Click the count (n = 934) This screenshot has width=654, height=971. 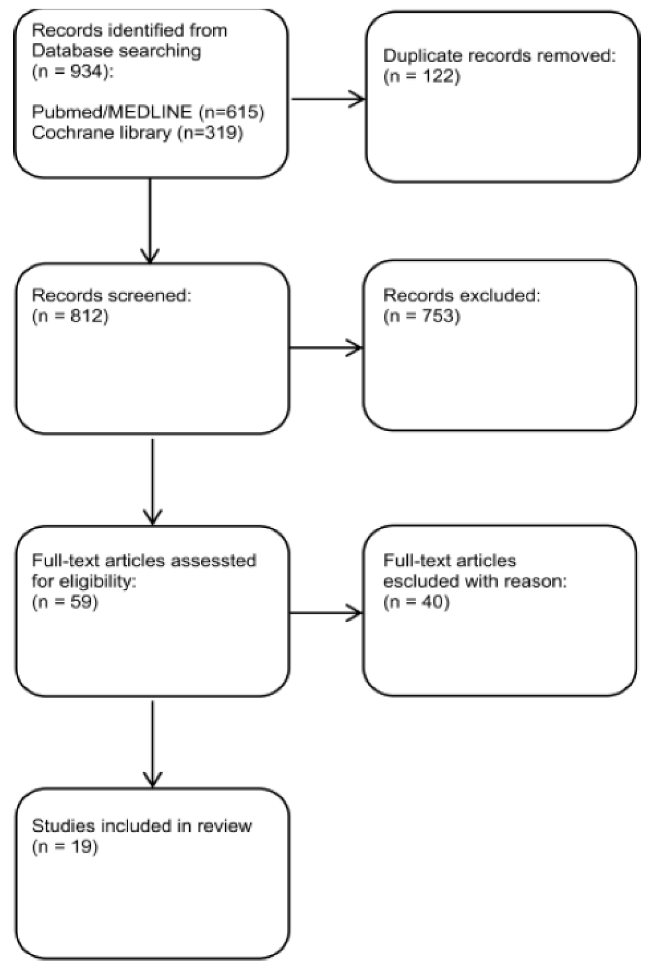click(x=72, y=72)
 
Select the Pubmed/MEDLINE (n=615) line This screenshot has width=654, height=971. click(x=148, y=112)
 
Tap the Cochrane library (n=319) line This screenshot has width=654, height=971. click(x=137, y=133)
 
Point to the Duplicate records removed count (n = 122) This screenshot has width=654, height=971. click(x=422, y=76)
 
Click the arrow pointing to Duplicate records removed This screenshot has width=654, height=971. click(x=328, y=99)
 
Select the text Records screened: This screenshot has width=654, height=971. click(x=111, y=295)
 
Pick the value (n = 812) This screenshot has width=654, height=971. click(x=70, y=316)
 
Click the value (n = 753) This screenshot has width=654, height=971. click(x=422, y=316)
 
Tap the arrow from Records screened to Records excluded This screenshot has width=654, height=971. click(x=326, y=348)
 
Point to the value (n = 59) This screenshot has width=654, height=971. click(x=65, y=602)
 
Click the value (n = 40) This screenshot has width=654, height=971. click(x=416, y=602)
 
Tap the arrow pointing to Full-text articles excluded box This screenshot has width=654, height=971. click(x=326, y=613)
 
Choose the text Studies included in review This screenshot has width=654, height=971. click(x=142, y=826)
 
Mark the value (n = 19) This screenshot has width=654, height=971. click(x=65, y=847)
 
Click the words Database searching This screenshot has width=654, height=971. click(x=116, y=51)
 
